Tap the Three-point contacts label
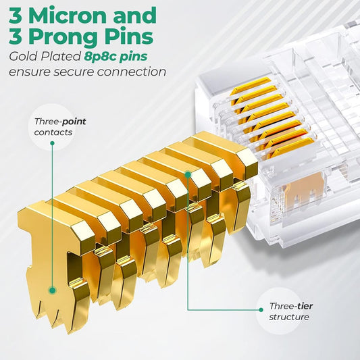(x=59, y=126)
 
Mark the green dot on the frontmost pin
(x=52, y=290)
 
